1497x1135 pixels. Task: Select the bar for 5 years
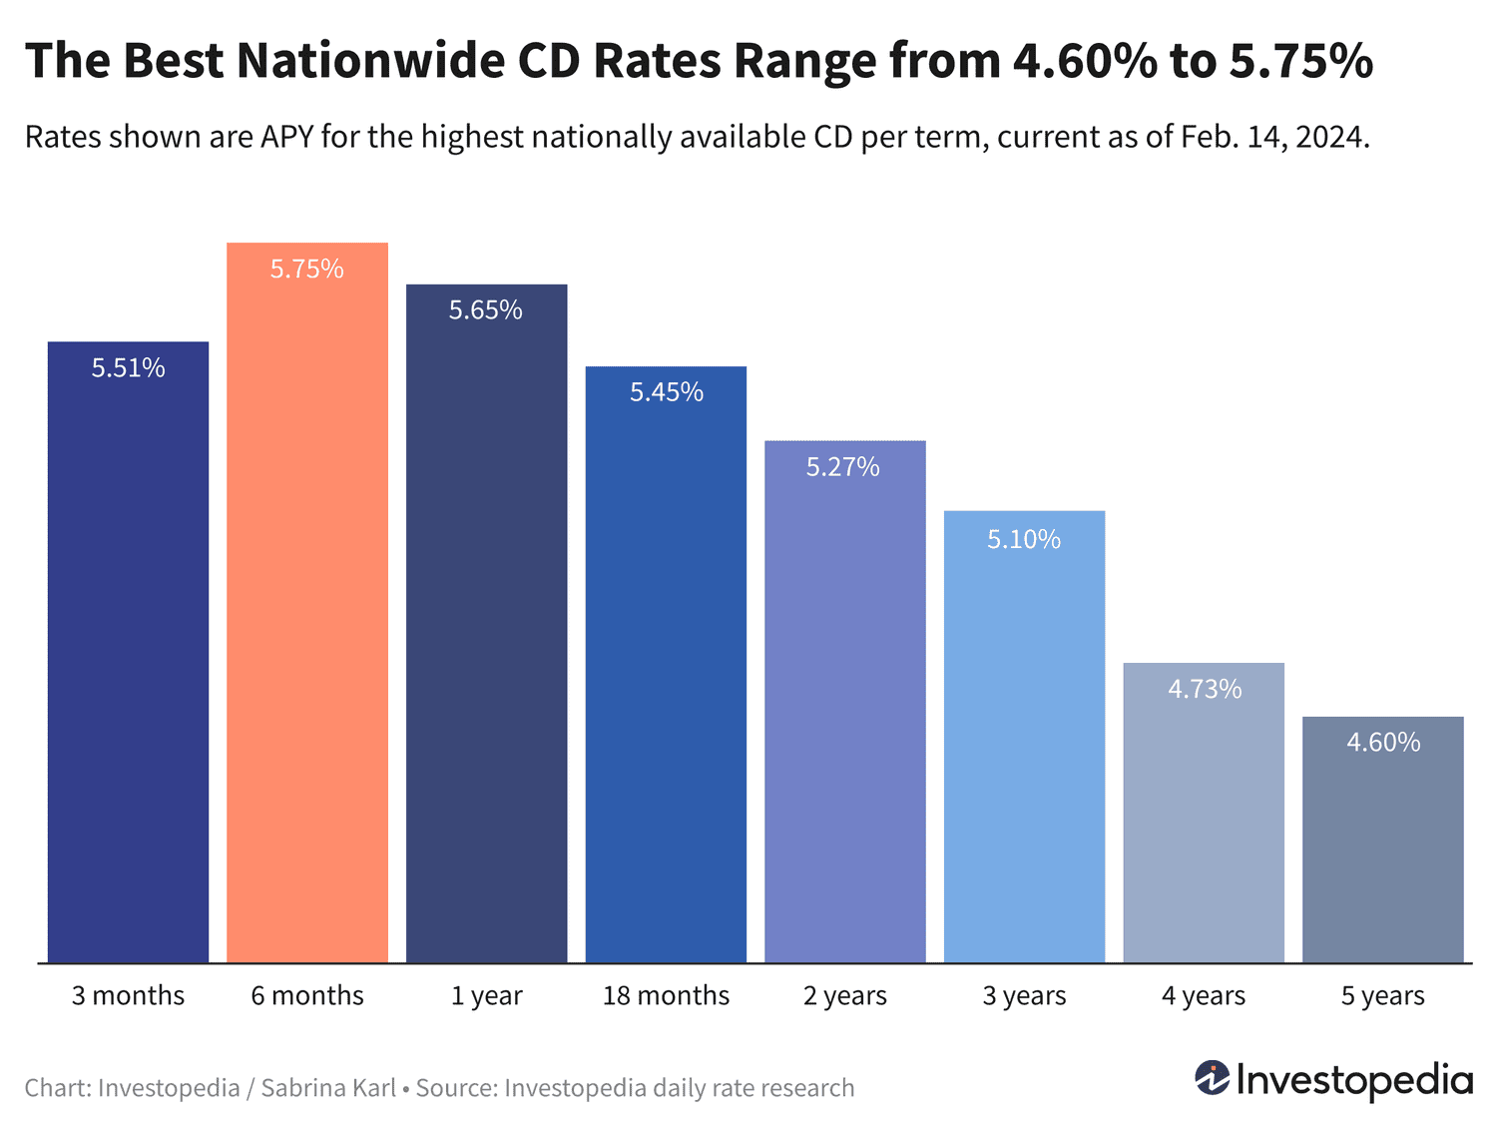coord(1382,849)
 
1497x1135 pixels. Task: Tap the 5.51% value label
coord(129,368)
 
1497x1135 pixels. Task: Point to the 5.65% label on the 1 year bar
coord(486,310)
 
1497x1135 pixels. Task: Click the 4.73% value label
coord(1205,689)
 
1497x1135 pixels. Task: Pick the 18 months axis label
coord(666,995)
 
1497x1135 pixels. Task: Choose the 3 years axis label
coord(1024,995)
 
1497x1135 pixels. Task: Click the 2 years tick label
coord(845,995)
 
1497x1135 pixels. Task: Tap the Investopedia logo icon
coord(1213,1078)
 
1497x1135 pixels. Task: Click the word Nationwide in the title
coord(372,61)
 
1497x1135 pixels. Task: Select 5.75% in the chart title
coord(1300,61)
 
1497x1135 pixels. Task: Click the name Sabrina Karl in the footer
coord(328,1087)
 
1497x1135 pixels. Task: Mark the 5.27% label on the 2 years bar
coord(843,467)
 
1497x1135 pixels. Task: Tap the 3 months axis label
coord(129,995)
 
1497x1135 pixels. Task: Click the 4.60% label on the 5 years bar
coord(1383,742)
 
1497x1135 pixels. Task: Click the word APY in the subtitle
coord(287,136)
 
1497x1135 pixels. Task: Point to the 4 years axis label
coord(1204,995)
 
